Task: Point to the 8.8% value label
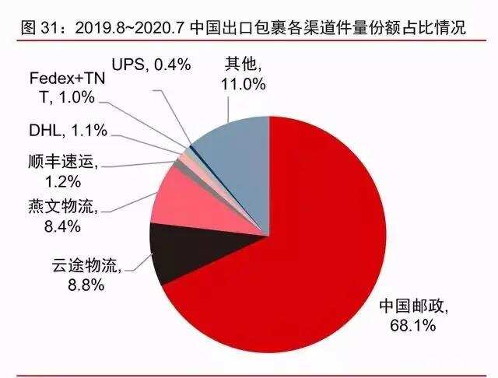pyautogui.click(x=86, y=284)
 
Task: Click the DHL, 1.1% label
pyautogui.click(x=68, y=131)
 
